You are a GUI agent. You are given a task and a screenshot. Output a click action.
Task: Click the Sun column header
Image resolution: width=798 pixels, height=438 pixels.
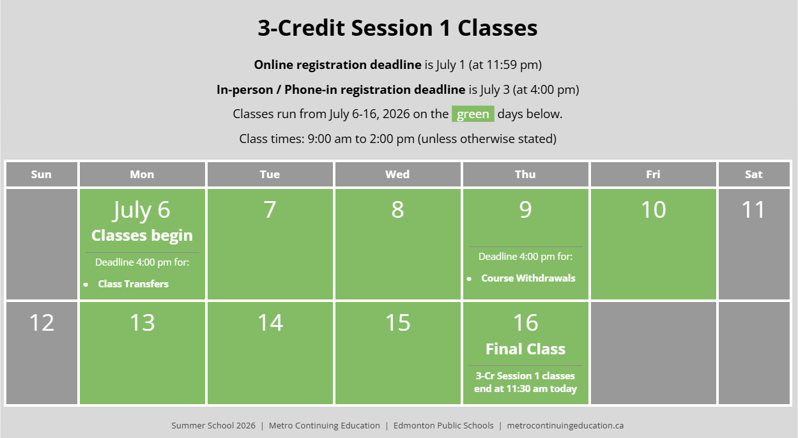pos(42,174)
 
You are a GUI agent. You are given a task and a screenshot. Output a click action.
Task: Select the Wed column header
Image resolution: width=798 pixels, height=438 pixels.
pos(397,174)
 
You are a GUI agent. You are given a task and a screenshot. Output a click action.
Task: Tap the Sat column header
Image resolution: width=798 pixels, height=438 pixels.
pos(754,174)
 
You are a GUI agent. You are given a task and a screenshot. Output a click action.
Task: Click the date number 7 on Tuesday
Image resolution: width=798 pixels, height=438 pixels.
pos(270,209)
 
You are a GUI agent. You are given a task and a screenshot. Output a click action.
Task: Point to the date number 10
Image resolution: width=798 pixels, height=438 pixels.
pos(654,209)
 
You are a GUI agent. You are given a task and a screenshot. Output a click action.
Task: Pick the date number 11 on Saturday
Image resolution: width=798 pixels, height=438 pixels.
pos(753,209)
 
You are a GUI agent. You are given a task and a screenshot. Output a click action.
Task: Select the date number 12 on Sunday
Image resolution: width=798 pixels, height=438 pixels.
pos(42,322)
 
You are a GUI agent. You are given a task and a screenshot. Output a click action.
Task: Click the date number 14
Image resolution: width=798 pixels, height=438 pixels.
pos(270,322)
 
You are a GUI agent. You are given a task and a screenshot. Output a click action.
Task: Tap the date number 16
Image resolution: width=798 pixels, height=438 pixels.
pos(525,322)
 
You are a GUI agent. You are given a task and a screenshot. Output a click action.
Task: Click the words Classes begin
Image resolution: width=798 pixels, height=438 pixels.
pos(142,236)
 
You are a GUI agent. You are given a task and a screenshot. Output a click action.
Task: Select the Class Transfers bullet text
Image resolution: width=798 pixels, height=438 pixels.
pos(134,284)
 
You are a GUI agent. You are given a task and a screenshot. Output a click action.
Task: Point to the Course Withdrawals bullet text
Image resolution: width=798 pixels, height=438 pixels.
pos(528,278)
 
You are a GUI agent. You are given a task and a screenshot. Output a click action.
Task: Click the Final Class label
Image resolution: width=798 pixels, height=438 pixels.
pos(525,349)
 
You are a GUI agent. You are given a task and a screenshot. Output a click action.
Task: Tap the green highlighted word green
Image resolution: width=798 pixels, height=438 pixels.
pos(473,114)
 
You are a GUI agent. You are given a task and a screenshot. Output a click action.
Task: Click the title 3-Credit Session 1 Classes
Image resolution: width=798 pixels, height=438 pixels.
pos(397,28)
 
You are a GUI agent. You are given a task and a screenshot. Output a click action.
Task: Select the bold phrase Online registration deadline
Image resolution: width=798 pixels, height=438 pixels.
pos(337,65)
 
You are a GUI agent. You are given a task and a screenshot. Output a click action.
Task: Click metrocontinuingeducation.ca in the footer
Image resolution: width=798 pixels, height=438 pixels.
pos(565,425)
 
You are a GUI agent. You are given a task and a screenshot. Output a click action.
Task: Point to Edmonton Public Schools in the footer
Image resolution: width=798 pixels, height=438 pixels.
pos(443,425)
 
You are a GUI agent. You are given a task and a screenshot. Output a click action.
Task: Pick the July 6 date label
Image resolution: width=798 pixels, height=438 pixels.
pos(142,210)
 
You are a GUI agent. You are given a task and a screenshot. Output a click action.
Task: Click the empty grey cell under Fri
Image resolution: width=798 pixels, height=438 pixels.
pos(654,353)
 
